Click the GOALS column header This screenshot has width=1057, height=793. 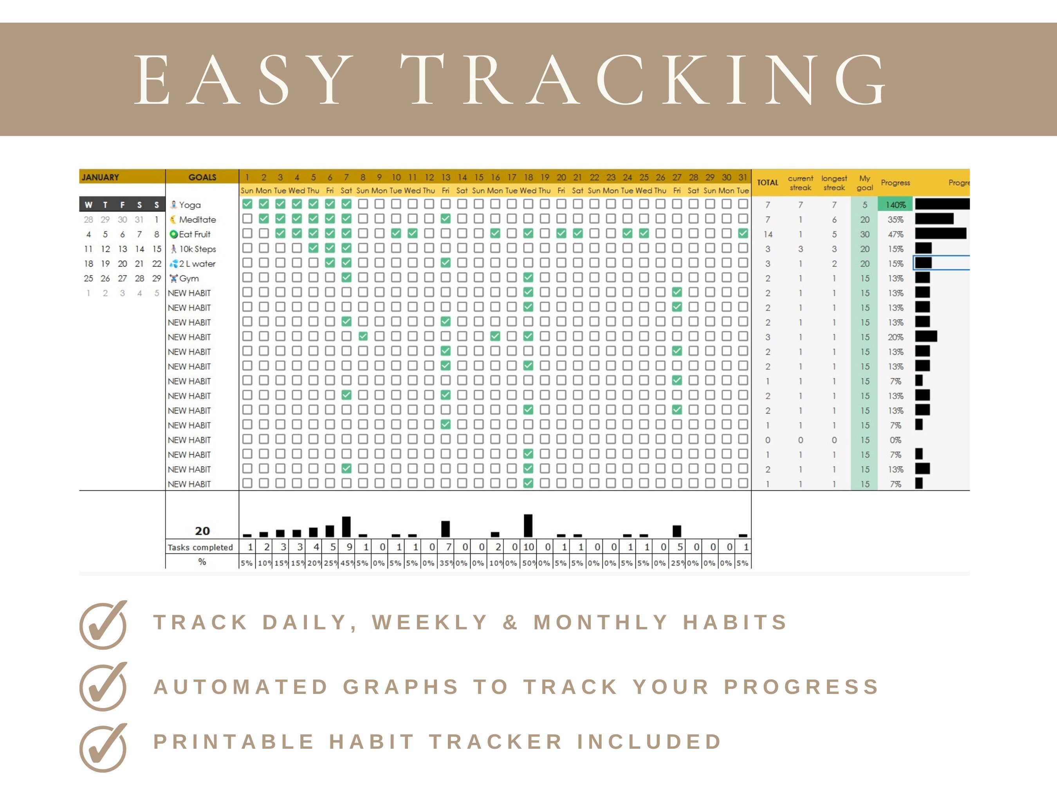click(202, 177)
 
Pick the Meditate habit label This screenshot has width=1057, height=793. click(197, 220)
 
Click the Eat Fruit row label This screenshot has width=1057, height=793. click(195, 234)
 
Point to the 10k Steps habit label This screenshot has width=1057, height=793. click(197, 249)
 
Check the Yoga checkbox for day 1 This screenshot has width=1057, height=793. click(247, 204)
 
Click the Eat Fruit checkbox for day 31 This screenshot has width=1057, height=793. click(743, 233)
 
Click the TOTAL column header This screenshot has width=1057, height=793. click(767, 182)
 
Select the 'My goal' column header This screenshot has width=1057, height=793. click(864, 182)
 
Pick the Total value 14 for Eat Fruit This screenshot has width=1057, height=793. click(767, 234)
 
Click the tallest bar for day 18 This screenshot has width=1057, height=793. click(528, 525)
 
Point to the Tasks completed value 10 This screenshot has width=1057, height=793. click(528, 547)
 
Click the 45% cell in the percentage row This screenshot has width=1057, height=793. click(346, 563)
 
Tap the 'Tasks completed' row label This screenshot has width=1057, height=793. click(200, 547)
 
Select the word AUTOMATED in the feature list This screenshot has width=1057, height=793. click(240, 687)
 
